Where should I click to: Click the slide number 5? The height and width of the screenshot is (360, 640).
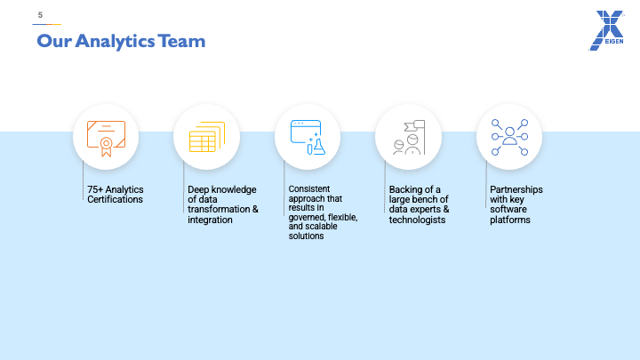40,15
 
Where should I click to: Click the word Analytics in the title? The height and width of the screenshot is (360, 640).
115,42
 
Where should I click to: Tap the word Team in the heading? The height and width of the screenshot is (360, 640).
181,41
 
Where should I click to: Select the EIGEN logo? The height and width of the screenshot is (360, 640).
606,30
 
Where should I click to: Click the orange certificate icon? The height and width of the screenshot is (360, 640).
106,139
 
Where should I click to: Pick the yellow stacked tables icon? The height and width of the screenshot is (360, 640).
207,137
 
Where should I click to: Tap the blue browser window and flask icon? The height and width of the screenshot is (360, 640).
308,137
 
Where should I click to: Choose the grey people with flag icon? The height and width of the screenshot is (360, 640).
409,137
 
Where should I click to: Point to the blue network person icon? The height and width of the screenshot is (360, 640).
509,137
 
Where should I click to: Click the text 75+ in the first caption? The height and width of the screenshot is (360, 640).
95,189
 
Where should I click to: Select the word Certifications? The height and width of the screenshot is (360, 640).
115,200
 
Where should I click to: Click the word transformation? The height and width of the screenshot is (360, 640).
219,210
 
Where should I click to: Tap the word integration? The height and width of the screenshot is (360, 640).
210,220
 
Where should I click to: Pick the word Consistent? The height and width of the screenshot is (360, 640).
309,189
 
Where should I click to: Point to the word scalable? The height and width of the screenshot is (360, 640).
321,227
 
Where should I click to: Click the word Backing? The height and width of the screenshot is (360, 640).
405,190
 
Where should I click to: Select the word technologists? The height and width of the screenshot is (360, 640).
417,220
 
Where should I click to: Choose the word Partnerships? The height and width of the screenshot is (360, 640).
516,190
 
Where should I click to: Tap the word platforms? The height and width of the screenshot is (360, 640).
510,220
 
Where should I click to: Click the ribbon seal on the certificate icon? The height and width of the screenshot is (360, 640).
106,147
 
